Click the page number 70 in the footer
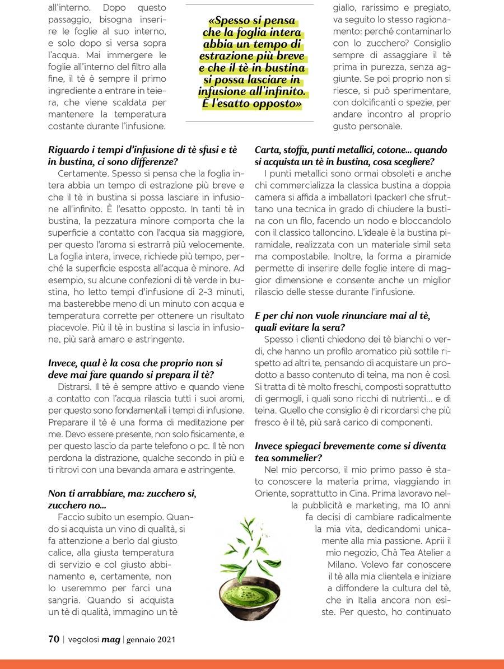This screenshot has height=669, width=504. tap(54, 639)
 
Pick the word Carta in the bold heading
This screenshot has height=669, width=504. tap(267, 151)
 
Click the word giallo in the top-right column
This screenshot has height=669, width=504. tap(346, 8)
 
